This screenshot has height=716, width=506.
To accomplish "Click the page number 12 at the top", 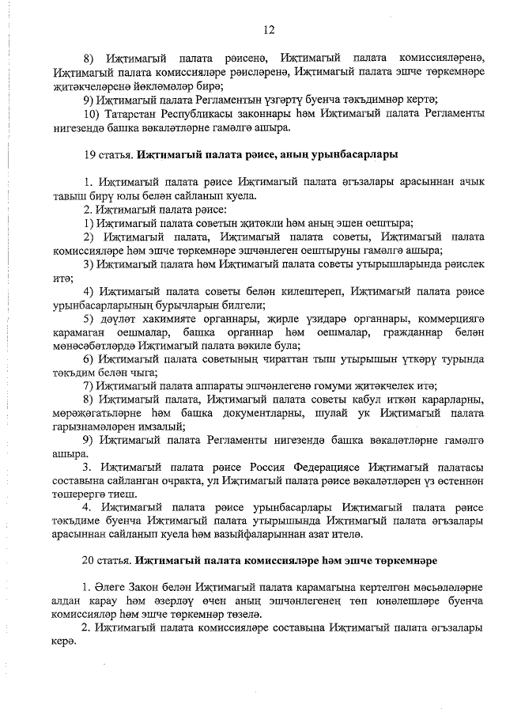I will point(269,30).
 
